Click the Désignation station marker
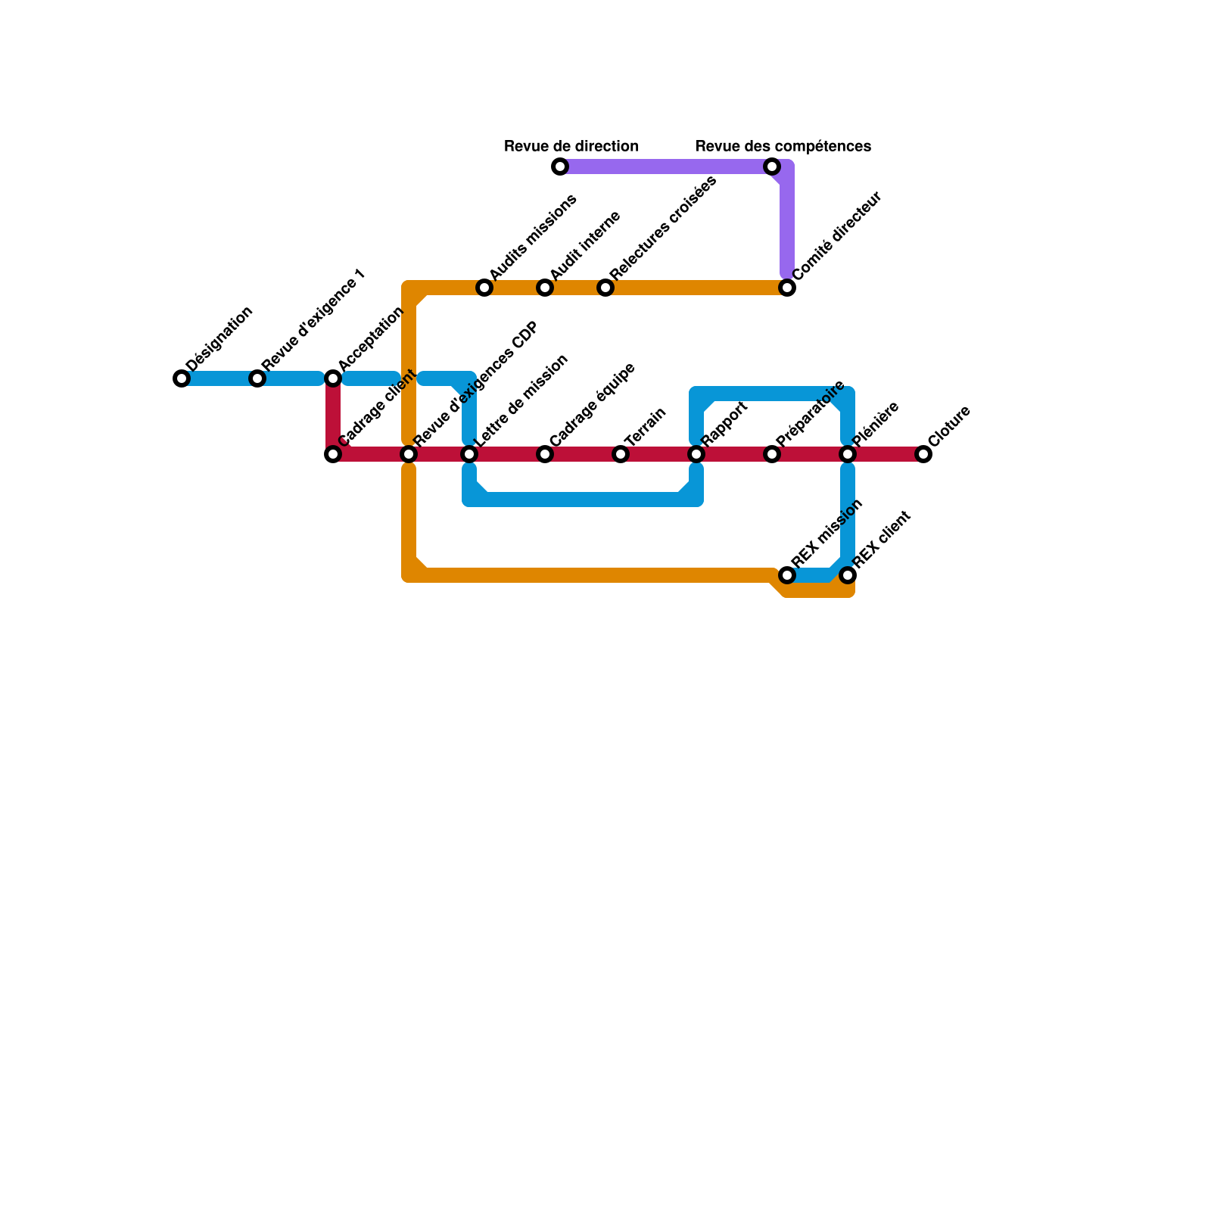pyautogui.click(x=182, y=378)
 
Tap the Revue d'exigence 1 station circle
pyautogui.click(x=257, y=378)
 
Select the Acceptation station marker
pyautogui.click(x=333, y=378)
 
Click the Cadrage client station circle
pyautogui.click(x=333, y=454)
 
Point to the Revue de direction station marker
pyautogui.click(x=560, y=167)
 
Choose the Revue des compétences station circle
pyautogui.click(x=772, y=167)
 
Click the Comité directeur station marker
pyautogui.click(x=787, y=288)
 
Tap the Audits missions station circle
pyautogui.click(x=484, y=288)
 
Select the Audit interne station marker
pyautogui.click(x=545, y=288)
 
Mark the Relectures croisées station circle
pyautogui.click(x=605, y=288)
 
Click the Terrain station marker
pyautogui.click(x=621, y=454)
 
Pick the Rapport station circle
pyautogui.click(x=696, y=454)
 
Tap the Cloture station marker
pyautogui.click(x=923, y=454)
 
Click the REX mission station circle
pyautogui.click(x=787, y=575)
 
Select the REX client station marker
pyautogui.click(x=848, y=575)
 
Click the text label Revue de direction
pyautogui.click(x=571, y=146)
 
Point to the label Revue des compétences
pyautogui.click(x=783, y=146)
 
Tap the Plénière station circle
pyautogui.click(x=848, y=454)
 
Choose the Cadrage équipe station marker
pyautogui.click(x=545, y=454)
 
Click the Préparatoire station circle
pyautogui.click(x=772, y=454)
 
